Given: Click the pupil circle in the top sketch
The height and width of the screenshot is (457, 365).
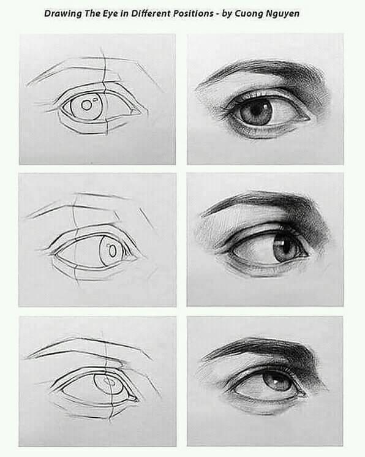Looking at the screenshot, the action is [86, 105].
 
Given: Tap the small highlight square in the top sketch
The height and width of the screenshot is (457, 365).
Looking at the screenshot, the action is [95, 99].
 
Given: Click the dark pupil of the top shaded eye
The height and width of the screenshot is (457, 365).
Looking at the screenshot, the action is [256, 111].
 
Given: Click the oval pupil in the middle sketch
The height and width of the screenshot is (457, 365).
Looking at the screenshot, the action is [112, 251].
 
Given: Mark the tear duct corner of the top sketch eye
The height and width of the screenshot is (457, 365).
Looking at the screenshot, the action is [137, 111].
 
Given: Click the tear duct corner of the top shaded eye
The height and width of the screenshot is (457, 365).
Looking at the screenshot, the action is [304, 118].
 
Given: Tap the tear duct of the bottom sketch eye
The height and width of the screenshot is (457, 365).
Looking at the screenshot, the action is [132, 398].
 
